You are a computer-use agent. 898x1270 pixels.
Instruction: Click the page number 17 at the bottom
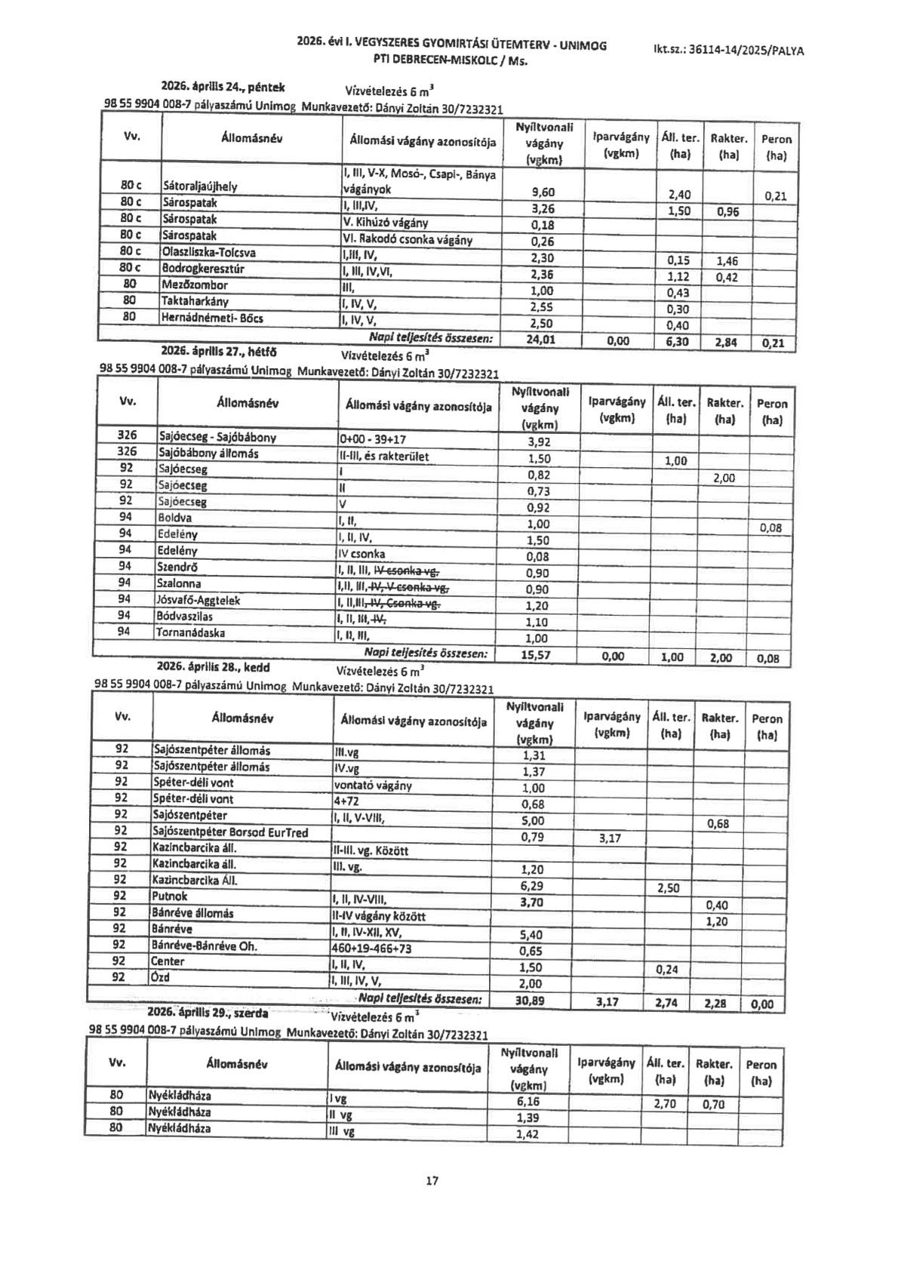coord(432,1180)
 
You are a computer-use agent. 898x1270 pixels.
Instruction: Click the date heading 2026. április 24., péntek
coord(223,88)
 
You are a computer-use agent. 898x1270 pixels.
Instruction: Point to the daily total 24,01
coord(541,340)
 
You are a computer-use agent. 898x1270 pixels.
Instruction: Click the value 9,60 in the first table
coord(542,192)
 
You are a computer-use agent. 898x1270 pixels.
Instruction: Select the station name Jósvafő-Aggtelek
coord(198,600)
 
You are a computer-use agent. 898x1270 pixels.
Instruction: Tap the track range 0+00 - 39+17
coord(373,438)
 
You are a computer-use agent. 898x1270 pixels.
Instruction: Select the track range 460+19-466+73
coord(372,949)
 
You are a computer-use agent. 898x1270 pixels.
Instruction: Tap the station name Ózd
coord(161,977)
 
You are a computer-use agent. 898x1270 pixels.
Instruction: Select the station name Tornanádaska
coord(191,632)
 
